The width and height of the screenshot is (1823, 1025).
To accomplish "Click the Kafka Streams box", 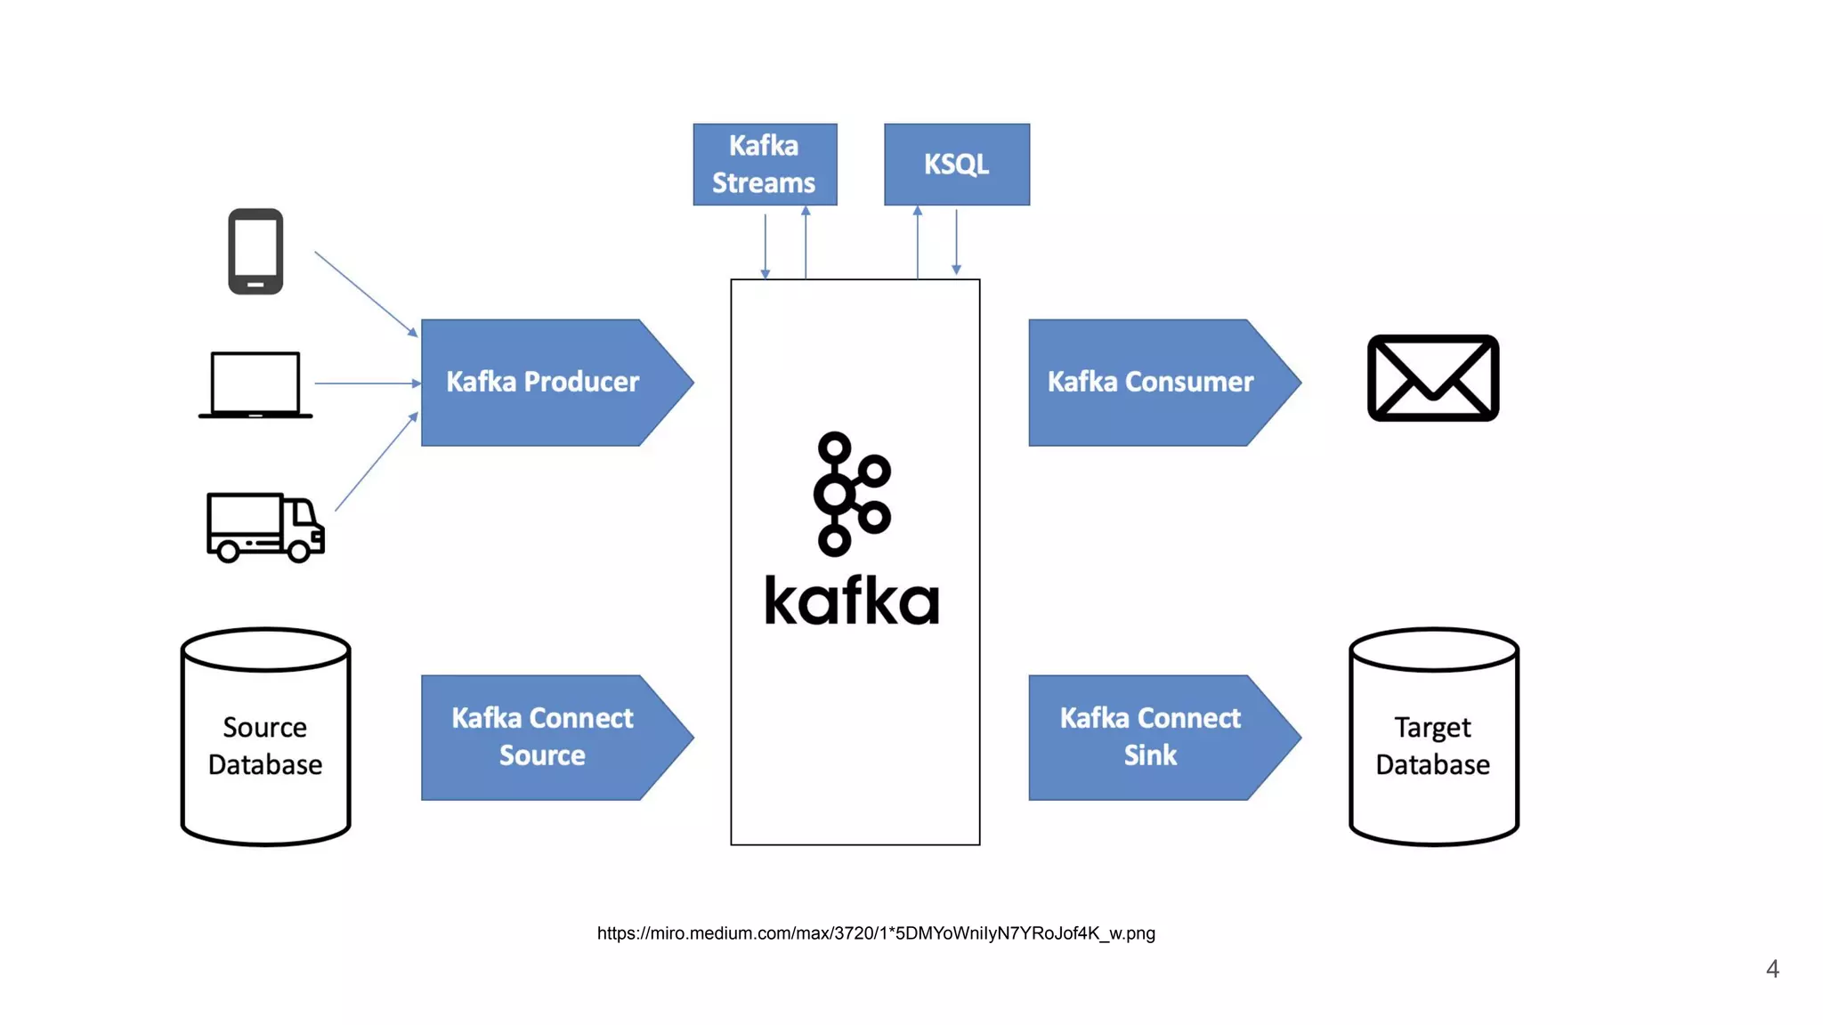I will click(x=765, y=165).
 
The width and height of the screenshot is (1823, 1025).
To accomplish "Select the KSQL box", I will click(x=956, y=165).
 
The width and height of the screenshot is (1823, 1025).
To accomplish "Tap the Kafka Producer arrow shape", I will click(x=543, y=383).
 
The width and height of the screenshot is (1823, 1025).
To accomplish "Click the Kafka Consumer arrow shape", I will click(x=1150, y=383).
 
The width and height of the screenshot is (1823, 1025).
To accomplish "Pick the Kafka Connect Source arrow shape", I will click(x=543, y=738).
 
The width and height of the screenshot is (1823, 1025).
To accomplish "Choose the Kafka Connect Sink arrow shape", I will click(x=1150, y=738).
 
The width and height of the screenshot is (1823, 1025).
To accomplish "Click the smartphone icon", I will click(x=255, y=252).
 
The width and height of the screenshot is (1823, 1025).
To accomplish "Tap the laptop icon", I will click(x=255, y=384).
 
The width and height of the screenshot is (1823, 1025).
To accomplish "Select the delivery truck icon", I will click(x=264, y=527).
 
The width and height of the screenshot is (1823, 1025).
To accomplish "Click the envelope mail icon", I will click(x=1432, y=378).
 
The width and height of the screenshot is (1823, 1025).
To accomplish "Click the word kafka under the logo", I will click(x=852, y=601).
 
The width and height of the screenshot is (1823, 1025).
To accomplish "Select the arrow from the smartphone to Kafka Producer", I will click(x=366, y=294).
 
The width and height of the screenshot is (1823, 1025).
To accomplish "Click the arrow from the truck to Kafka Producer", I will click(x=376, y=462).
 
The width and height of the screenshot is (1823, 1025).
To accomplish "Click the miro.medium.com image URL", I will click(x=876, y=933).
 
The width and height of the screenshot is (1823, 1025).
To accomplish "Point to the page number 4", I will click(x=1771, y=969).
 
